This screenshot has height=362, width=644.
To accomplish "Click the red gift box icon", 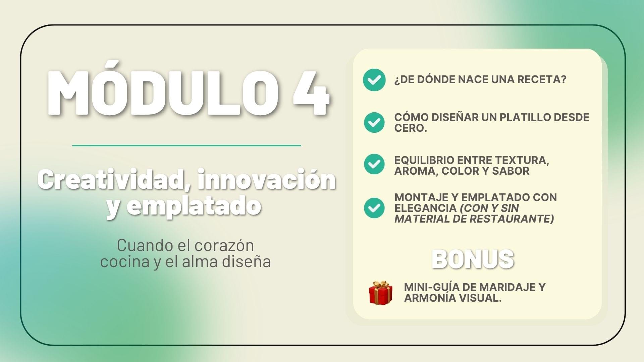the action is [381, 293].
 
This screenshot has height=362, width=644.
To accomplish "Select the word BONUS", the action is [473, 259].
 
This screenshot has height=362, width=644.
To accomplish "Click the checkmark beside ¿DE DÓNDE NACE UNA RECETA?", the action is [374, 80].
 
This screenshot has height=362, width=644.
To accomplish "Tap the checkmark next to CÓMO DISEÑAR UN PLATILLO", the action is [374, 122].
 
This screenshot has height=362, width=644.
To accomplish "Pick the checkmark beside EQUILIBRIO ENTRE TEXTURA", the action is [374, 164].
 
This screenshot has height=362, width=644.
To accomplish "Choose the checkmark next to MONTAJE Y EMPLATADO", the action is [374, 208].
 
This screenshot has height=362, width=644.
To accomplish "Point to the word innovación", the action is [267, 179].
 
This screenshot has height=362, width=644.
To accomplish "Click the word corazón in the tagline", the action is [224, 245].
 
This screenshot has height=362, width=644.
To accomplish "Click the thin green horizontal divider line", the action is [186, 145].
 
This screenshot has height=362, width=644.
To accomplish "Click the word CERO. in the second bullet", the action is [411, 128].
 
